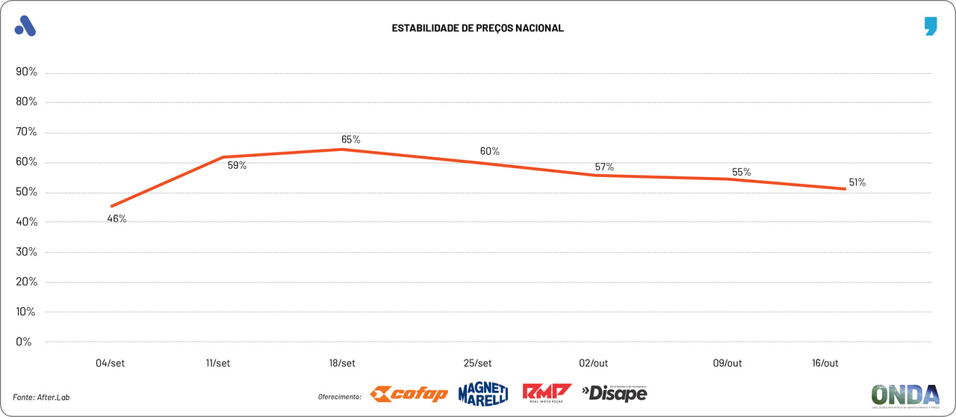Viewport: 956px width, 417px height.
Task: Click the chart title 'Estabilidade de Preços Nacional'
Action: [x=477, y=28]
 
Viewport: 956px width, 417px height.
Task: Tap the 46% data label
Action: [x=117, y=219]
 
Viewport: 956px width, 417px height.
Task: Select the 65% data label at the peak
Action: [x=351, y=140]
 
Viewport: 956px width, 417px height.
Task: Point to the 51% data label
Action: [x=857, y=182]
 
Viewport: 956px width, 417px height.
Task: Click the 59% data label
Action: [x=237, y=166]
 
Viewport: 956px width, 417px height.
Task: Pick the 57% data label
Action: [x=604, y=167]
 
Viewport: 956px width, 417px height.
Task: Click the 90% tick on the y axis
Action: [x=27, y=72]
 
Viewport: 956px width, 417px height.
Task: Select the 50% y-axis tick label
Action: [x=27, y=192]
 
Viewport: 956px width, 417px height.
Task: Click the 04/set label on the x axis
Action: [x=110, y=363]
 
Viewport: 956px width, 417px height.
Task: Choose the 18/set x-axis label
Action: [x=342, y=363]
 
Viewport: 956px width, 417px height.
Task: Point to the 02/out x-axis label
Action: [x=593, y=363]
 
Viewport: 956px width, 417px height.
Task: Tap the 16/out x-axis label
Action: [x=825, y=363]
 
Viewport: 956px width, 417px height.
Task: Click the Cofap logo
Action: [x=409, y=394]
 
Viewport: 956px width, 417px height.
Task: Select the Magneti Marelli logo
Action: [x=483, y=393]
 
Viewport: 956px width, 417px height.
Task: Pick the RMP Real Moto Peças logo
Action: [x=547, y=393]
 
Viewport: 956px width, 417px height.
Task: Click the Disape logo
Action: [x=614, y=393]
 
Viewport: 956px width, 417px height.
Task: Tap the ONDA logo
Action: [x=905, y=395]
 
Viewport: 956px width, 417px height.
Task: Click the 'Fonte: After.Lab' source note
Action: [x=46, y=397]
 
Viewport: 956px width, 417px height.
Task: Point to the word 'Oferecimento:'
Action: [x=340, y=397]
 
